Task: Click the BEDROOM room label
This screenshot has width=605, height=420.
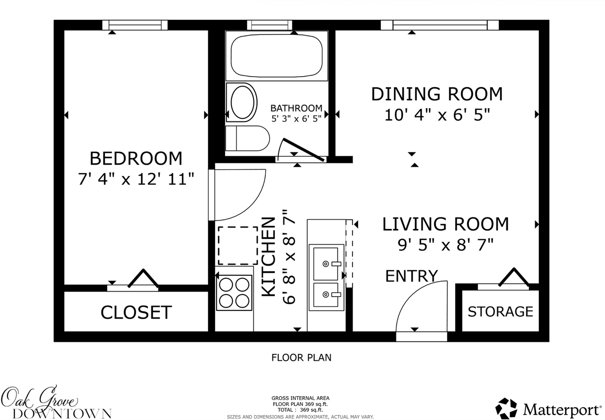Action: point(135,158)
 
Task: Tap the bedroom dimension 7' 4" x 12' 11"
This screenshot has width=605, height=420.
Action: point(135,179)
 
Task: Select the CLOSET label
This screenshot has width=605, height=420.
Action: point(136,313)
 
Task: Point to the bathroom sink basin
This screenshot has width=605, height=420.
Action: point(242,102)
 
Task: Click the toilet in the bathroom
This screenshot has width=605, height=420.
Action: point(247,138)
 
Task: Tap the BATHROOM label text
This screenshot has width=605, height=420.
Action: point(296,108)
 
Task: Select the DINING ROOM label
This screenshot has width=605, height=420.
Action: point(437,94)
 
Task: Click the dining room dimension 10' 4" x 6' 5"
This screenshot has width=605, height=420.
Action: point(437,115)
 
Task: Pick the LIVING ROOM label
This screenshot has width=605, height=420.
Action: point(445,224)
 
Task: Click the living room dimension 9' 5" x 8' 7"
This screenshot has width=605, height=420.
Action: point(445,244)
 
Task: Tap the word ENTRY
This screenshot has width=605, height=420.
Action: point(411,276)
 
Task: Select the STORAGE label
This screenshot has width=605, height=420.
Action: point(500,312)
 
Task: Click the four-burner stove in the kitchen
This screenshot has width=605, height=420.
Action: point(235,293)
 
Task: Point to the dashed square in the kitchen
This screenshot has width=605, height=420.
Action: point(238,245)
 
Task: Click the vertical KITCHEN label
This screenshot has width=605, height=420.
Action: point(269,257)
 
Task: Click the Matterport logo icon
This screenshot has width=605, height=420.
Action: point(506,409)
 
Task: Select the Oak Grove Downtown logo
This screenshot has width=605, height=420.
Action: point(56,403)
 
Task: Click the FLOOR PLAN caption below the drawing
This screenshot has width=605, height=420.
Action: point(301,357)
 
